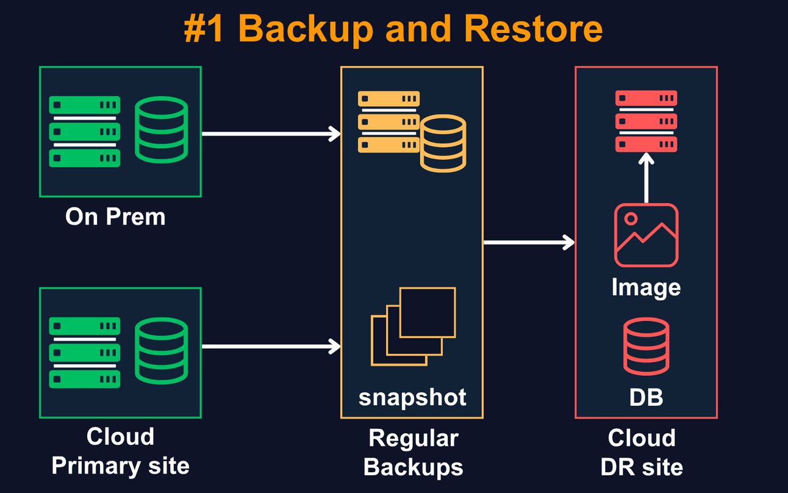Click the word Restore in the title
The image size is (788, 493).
(533, 28)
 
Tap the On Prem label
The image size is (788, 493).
(115, 217)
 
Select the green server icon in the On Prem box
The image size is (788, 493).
(84, 131)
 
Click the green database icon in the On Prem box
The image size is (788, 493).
(160, 130)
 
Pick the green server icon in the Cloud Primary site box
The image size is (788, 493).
(84, 353)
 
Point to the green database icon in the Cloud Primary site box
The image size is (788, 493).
(160, 351)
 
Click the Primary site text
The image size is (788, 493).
(120, 466)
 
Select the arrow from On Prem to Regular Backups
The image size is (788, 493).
(270, 134)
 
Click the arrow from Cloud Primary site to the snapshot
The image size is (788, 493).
(270, 347)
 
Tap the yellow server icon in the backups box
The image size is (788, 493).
(388, 121)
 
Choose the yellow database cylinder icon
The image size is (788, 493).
(443, 143)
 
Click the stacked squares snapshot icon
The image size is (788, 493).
(414, 326)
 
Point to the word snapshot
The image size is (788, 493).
(412, 397)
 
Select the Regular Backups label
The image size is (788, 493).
(413, 453)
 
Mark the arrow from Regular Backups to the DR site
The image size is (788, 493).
(529, 243)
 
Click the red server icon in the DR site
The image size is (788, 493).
(646, 121)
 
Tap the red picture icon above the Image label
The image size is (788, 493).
(646, 236)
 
